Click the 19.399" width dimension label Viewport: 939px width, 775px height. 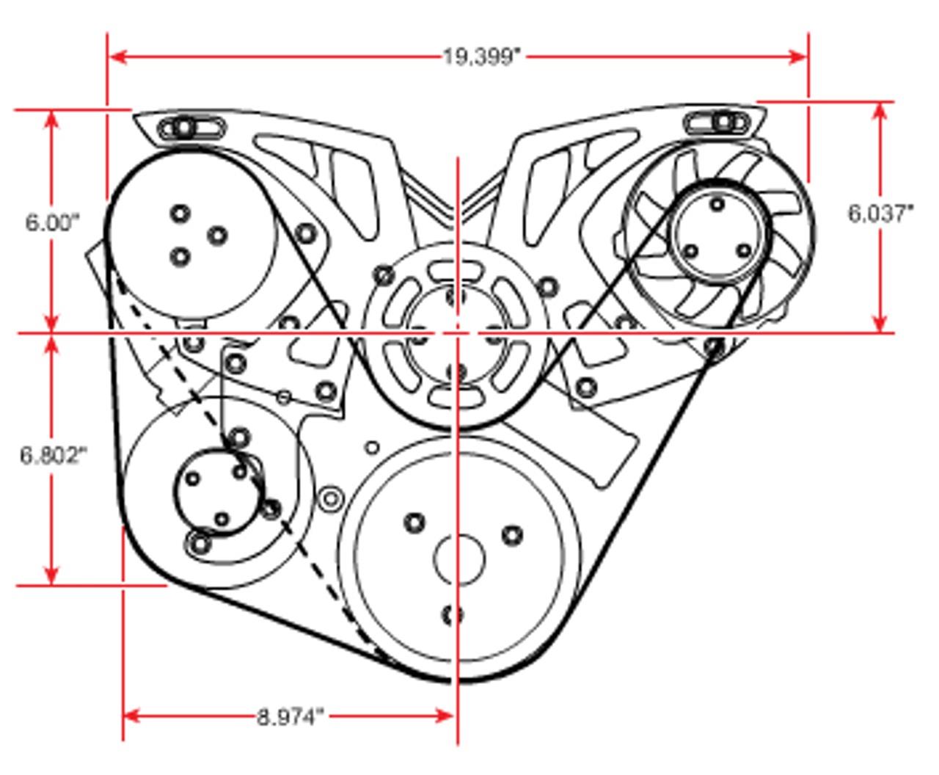(482, 57)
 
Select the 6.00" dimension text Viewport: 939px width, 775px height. (53, 223)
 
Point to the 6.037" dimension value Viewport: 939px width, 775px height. (880, 214)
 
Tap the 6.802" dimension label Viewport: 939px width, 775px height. (53, 456)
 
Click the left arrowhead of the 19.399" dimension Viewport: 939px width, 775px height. (118, 57)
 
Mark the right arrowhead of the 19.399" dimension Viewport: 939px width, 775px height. (798, 57)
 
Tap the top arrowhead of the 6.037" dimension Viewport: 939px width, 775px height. (880, 112)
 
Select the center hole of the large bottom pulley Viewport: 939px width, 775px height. (459, 560)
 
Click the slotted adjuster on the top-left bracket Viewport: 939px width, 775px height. (192, 128)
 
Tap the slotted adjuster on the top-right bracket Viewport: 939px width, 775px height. (717, 123)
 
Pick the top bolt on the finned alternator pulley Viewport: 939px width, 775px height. (717, 205)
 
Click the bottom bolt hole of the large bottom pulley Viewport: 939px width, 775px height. (453, 615)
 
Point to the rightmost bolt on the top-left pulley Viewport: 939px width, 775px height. (218, 236)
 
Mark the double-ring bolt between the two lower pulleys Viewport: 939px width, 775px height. (331, 498)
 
